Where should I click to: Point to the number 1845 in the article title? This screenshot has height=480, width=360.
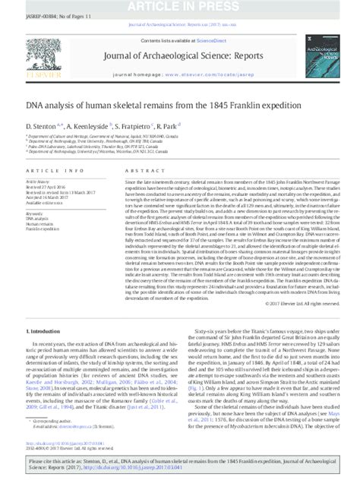(x=238, y=104)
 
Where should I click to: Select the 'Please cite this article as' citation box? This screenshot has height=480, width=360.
(x=179, y=463)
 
